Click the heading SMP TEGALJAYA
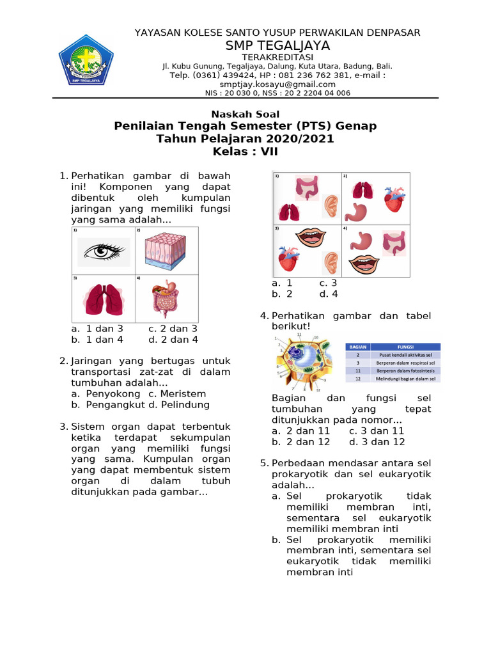coord(277,45)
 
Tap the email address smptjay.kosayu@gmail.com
coord(277,84)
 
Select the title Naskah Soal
coord(245,114)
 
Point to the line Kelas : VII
coord(245,152)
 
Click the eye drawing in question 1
coord(103,251)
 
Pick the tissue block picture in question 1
coord(165,251)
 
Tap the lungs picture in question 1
coord(102,299)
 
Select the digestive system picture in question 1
coord(165,299)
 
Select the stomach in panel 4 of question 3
coord(362,241)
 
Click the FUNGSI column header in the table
coord(405,346)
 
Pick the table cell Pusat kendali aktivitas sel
coord(405,354)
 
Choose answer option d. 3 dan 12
coord(377,441)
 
